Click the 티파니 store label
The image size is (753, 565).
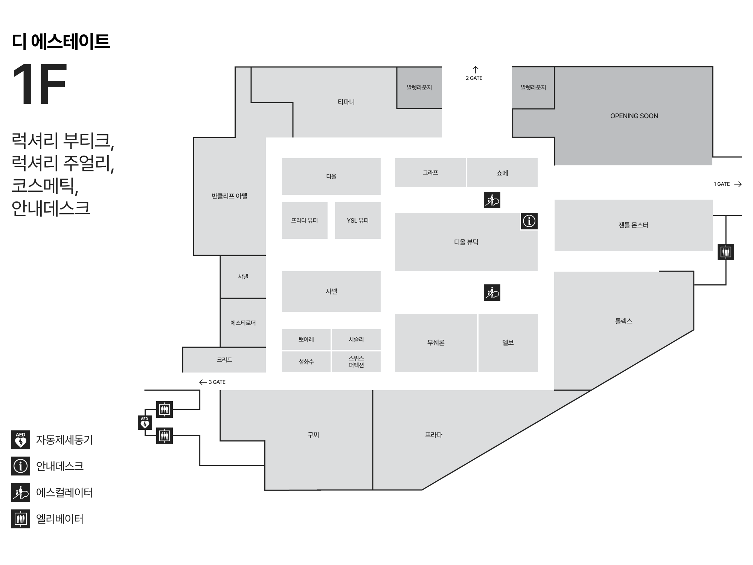tap(346, 102)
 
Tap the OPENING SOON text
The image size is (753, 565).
tap(634, 116)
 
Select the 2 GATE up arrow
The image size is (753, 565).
tap(476, 69)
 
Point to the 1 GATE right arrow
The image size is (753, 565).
tap(738, 184)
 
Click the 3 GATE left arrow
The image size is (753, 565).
tap(203, 382)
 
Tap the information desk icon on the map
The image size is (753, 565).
tap(529, 221)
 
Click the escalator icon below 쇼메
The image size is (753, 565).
tap(492, 200)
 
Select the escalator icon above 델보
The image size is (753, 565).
tap(492, 293)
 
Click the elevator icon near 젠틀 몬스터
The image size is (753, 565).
tap(726, 252)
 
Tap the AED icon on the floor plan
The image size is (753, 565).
tap(145, 423)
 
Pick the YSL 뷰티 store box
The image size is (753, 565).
tap(358, 220)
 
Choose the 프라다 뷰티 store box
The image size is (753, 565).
tap(305, 220)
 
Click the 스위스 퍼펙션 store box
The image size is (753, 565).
tap(356, 362)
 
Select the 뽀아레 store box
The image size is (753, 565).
tap(306, 339)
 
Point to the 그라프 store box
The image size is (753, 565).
tap(430, 173)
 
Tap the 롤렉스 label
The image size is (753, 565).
tap(623, 321)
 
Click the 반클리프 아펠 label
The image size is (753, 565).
tap(229, 196)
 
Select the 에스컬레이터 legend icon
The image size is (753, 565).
tap(21, 493)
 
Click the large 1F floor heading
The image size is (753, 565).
tap(40, 84)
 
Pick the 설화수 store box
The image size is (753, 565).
tap(306, 362)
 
